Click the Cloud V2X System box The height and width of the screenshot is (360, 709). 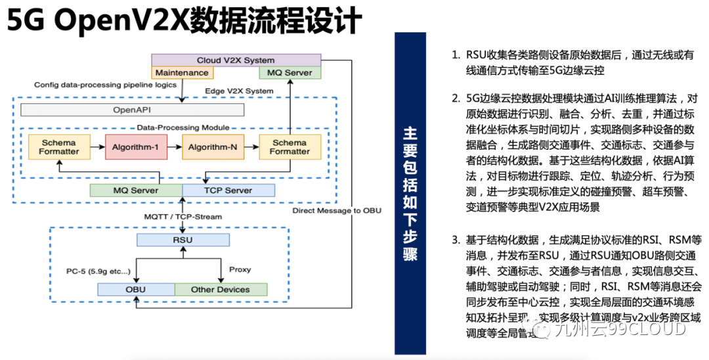tap(236, 60)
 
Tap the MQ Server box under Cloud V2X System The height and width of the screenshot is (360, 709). tap(290, 73)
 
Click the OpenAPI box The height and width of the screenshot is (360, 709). tap(132, 110)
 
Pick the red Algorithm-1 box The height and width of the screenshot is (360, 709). tap(136, 146)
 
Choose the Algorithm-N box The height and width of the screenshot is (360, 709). tap(212, 146)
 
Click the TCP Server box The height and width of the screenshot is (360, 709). tap(228, 191)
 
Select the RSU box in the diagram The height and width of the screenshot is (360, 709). tap(183, 240)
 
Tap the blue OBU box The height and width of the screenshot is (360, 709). tap(136, 289)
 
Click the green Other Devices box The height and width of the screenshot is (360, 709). tap(221, 289)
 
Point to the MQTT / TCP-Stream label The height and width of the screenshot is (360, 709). tap(183, 216)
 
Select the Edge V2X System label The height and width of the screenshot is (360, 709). tap(240, 91)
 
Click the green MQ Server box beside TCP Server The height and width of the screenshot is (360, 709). tap(136, 191)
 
